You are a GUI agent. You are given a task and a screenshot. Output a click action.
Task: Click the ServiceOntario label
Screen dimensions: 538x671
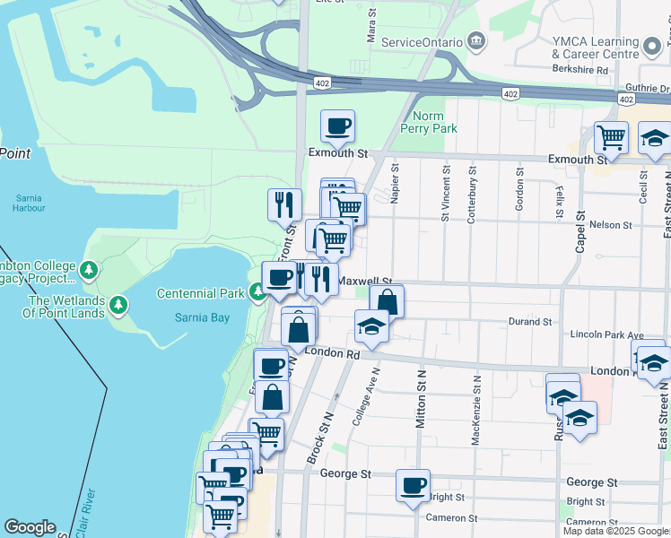point(422,42)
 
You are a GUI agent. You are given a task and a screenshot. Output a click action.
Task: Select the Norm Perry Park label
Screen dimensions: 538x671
point(434,123)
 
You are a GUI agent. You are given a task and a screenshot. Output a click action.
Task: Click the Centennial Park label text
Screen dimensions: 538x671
point(201,293)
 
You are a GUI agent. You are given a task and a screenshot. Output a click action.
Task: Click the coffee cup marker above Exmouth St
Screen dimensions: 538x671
point(337,126)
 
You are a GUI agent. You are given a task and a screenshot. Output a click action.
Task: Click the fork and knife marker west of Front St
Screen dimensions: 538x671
point(284,204)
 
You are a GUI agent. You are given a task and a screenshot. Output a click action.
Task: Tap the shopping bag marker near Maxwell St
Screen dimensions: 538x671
point(387,301)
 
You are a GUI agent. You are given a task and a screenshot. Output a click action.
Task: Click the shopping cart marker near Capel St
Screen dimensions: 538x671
point(611,138)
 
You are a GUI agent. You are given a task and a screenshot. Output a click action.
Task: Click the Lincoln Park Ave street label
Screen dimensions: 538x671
point(607,335)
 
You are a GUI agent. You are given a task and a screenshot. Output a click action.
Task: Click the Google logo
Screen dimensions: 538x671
point(30,527)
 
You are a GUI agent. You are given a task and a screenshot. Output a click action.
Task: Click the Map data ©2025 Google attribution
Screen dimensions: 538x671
point(615,531)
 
